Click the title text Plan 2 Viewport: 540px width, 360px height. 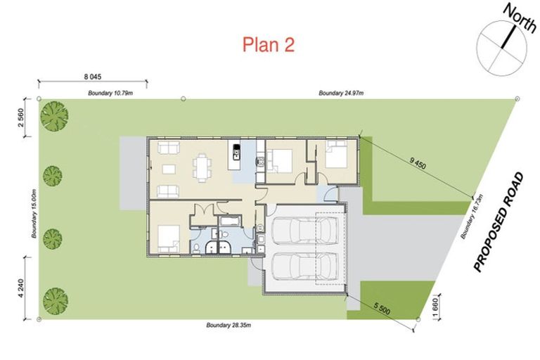(x=268, y=44)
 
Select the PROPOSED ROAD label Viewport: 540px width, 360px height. (x=500, y=222)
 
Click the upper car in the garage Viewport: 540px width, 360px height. (x=304, y=229)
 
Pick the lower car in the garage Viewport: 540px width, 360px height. (x=304, y=266)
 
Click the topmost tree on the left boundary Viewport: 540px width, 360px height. (x=54, y=116)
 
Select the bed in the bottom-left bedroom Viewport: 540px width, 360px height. (x=167, y=237)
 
